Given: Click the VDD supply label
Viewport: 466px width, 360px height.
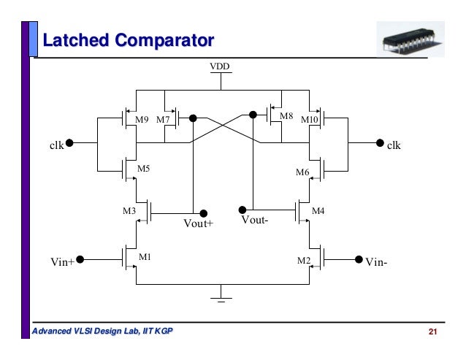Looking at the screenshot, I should coord(221,68).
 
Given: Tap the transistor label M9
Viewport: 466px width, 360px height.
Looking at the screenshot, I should coord(143,119).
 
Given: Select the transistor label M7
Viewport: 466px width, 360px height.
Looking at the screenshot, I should coord(163,119).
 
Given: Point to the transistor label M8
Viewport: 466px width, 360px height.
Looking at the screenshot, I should coord(286,115).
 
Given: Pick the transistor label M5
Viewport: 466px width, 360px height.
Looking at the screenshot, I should coord(144,169).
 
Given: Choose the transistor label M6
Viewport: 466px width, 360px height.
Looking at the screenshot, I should coord(302,172).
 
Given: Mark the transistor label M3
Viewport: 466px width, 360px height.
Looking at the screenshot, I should coord(129,212).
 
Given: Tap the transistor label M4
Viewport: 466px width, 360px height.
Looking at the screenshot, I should coord(318,211).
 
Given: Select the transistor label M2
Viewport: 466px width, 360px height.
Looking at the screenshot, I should coord(303,260).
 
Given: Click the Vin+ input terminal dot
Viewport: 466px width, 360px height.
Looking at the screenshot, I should coord(80,258).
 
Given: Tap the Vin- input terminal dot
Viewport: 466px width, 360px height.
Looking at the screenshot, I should coord(359,258).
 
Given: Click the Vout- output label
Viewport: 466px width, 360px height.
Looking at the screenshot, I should coord(256,220).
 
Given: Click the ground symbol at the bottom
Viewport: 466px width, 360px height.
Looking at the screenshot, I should coord(221,296).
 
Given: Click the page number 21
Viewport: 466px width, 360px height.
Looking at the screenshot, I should coord(432,333).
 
